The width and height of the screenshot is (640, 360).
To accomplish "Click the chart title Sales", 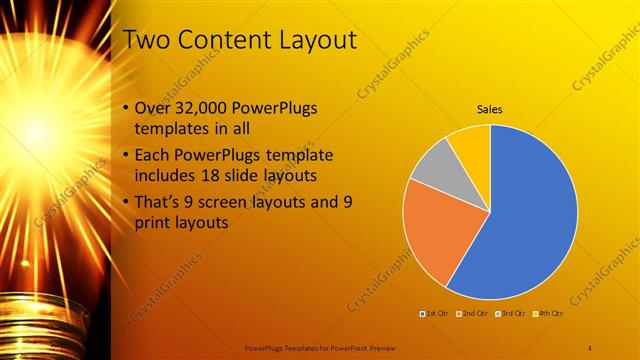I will coord(489,109).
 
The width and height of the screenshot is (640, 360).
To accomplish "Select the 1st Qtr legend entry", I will coord(434,314).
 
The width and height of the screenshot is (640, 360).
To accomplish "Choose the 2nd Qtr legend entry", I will coord(471,314).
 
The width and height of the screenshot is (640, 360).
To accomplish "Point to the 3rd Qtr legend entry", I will coord(509,314).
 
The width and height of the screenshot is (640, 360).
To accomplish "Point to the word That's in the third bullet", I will coord(158,202).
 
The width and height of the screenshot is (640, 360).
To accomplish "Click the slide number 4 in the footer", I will coord(589,347).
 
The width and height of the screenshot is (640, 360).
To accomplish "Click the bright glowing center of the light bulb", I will coord(37,130).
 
